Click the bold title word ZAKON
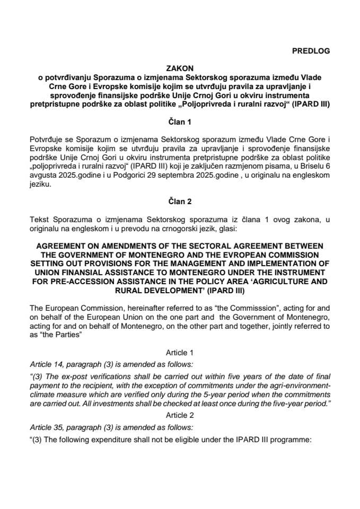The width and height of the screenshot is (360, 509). [180, 68]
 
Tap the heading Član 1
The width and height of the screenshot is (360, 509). [180, 121]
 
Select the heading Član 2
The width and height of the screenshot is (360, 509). [180, 201]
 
